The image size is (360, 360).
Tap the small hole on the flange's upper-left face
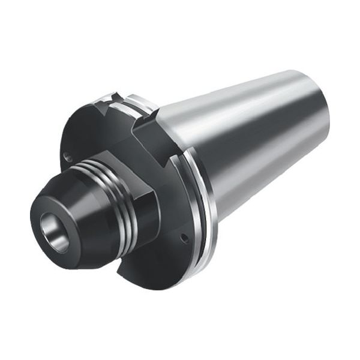[x=68, y=157]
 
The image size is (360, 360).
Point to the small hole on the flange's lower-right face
[x=184, y=238]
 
